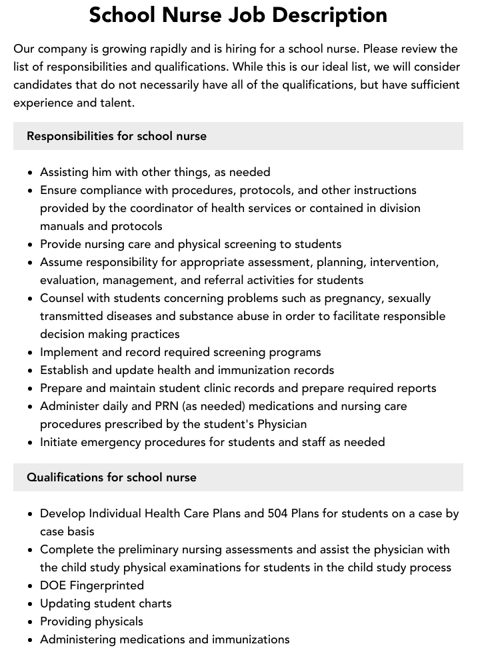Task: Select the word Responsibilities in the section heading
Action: pyautogui.click(x=70, y=136)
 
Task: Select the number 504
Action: pyautogui.click(x=278, y=514)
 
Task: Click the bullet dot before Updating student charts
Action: pyautogui.click(x=31, y=604)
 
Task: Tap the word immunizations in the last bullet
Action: pyautogui.click(x=251, y=639)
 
